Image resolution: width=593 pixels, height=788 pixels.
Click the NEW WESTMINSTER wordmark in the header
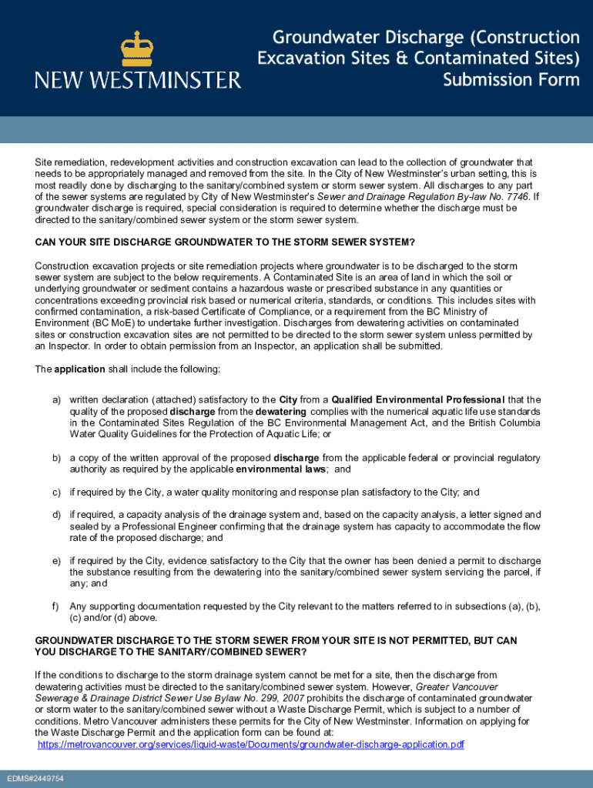[138, 80]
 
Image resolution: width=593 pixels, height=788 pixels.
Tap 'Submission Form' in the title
[511, 80]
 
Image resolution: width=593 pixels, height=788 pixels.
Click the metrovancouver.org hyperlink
[251, 744]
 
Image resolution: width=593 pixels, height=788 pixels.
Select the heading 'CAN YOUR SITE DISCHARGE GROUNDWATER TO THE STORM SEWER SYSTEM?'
[225, 242]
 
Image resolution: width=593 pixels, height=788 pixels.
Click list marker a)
[57, 399]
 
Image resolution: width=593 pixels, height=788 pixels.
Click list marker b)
[57, 458]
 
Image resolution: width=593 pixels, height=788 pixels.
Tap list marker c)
[57, 492]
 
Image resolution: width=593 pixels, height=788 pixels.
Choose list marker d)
[57, 515]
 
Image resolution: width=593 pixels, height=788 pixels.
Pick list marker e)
[57, 561]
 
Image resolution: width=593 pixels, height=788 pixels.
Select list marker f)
[57, 606]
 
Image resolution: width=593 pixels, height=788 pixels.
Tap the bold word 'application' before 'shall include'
[79, 369]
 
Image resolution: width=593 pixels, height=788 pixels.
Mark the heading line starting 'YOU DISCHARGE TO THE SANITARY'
[171, 652]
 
